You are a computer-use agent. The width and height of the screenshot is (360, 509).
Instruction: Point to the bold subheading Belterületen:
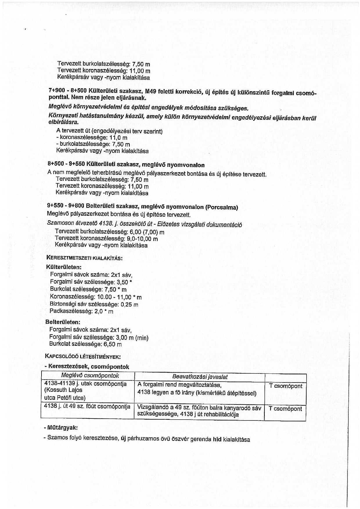pos(63,322)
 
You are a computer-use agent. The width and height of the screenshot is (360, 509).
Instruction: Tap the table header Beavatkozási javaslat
pos(200,377)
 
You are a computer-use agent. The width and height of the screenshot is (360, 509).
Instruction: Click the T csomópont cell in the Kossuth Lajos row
pos(285,386)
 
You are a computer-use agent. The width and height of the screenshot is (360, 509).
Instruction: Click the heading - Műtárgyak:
pos(61,427)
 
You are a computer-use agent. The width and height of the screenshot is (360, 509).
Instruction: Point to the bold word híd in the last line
pos(217,439)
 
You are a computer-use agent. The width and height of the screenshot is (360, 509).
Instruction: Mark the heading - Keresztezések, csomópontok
pos(87,367)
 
